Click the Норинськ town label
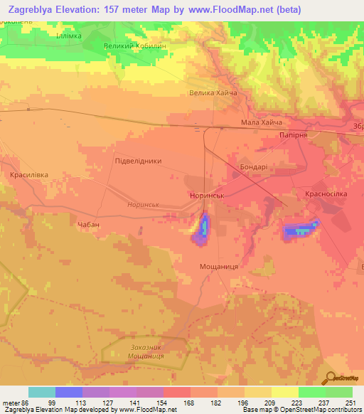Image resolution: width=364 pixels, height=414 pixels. (207, 193)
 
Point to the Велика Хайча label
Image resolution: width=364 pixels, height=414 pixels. (212, 93)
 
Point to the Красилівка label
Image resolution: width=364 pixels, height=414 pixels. (30, 174)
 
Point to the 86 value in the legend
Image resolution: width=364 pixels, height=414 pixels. (26, 403)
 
